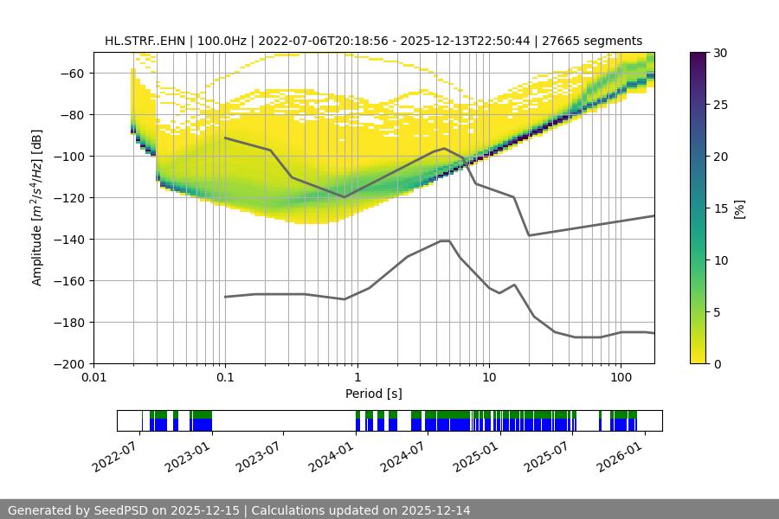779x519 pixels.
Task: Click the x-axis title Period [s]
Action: [x=374, y=394]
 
